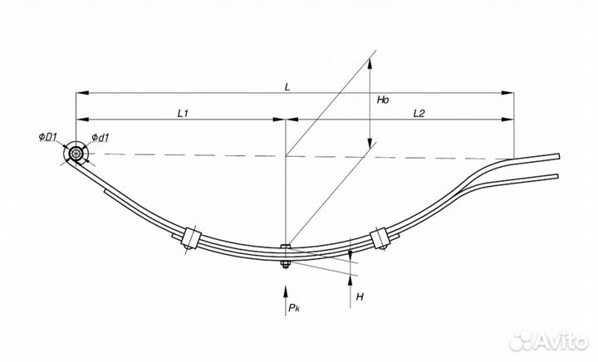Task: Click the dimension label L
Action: [x=287, y=86]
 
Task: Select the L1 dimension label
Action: [x=184, y=112]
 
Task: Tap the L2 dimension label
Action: [x=419, y=112]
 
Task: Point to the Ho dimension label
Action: [x=382, y=100]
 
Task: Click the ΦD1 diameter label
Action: [x=47, y=136]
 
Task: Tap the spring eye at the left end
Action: [x=76, y=154]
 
